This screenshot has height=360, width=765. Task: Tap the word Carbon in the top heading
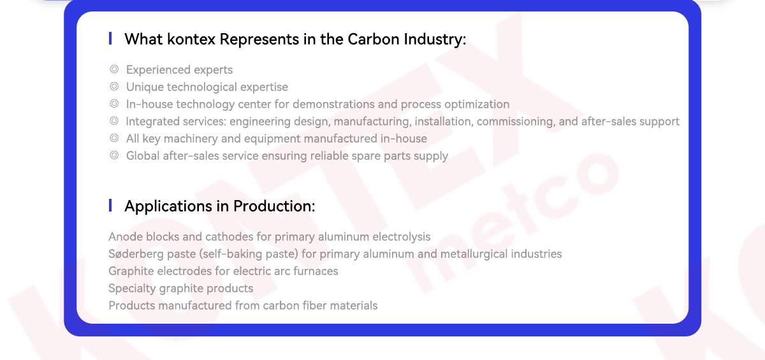point(374,40)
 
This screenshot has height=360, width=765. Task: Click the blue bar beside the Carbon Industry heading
point(110,38)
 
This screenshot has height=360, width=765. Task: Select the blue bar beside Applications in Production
point(110,205)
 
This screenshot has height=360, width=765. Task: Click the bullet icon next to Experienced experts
point(114,69)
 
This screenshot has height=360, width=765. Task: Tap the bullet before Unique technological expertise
point(114,86)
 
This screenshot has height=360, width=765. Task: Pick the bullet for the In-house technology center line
point(114,103)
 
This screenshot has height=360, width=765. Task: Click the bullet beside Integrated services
point(114,121)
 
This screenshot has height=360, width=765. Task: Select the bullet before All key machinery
point(114,138)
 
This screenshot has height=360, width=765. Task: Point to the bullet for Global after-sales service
point(114,155)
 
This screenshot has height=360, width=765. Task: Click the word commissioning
point(516,122)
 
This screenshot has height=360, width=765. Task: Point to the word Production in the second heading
point(274,206)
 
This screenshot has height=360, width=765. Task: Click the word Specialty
point(132,289)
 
